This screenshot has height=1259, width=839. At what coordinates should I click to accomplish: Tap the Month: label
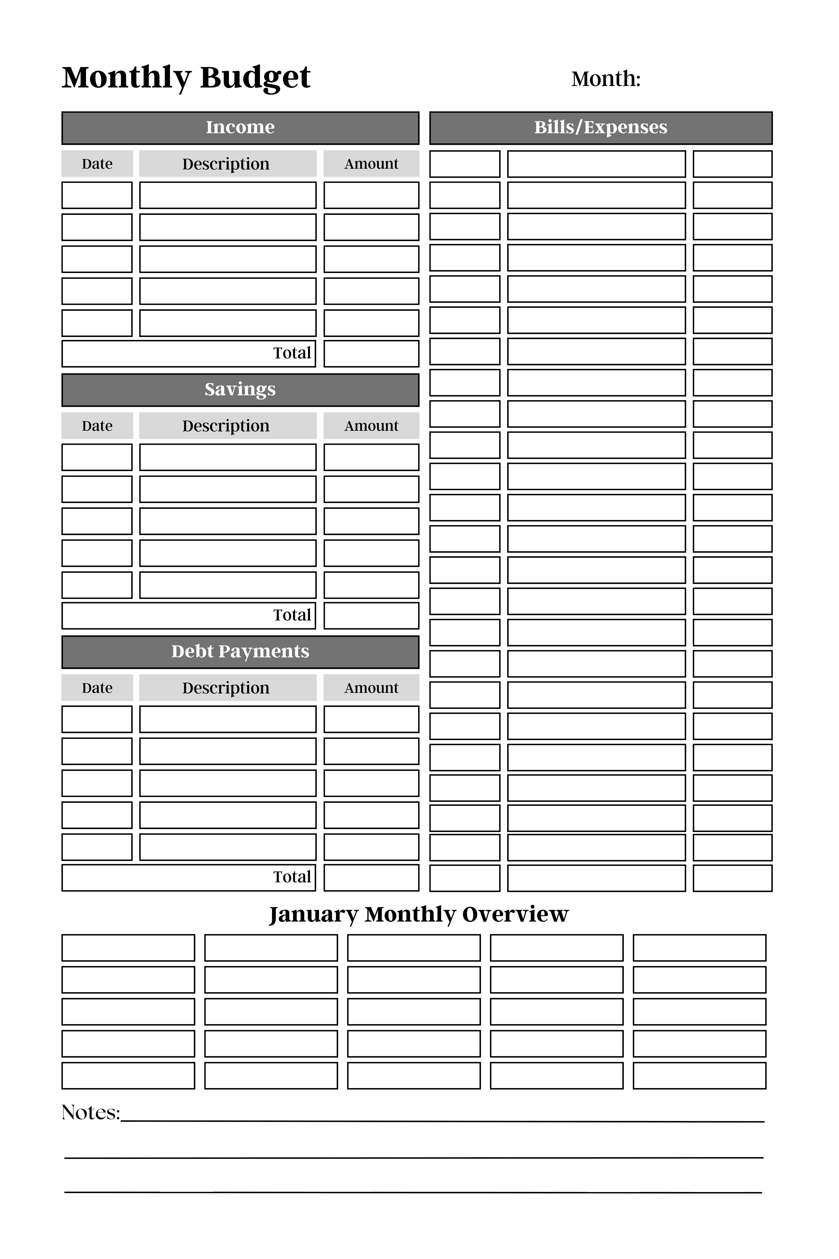click(x=606, y=79)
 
